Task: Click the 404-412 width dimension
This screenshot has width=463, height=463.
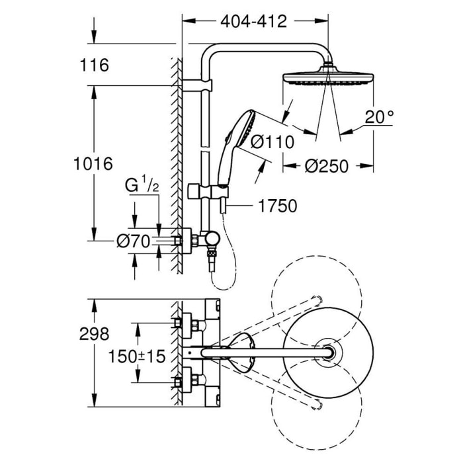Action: tap(253, 21)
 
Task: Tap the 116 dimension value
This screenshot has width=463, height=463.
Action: tap(95, 65)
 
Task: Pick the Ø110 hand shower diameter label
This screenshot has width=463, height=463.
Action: tap(271, 141)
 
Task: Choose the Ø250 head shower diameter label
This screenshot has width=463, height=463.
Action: tap(326, 167)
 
